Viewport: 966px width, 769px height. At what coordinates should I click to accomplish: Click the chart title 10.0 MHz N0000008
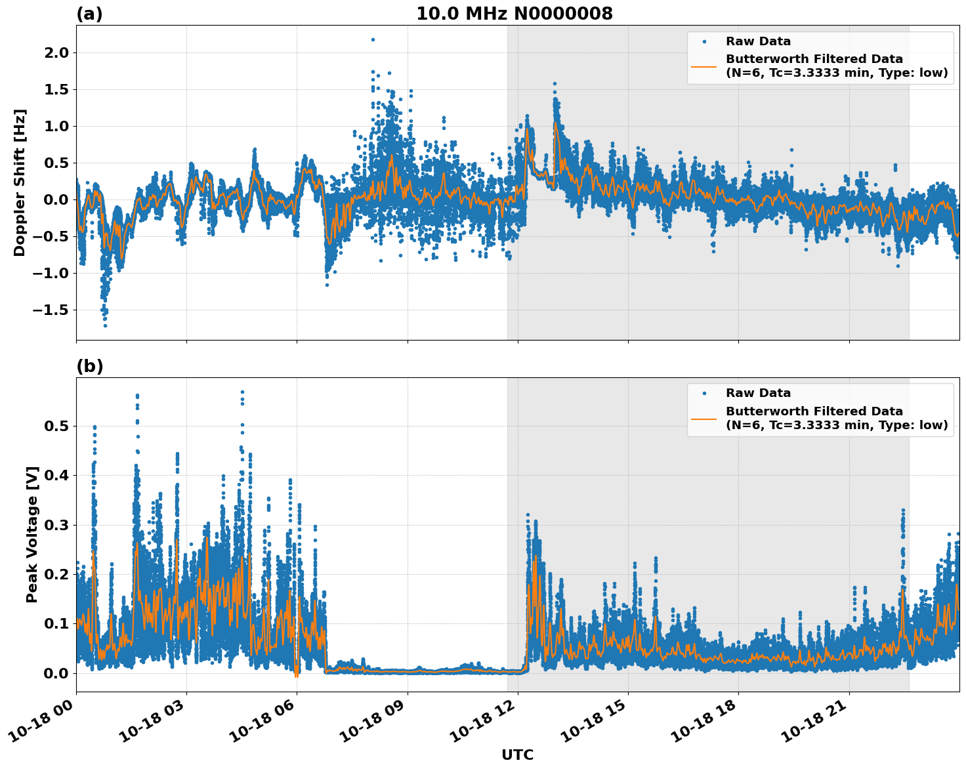(514, 14)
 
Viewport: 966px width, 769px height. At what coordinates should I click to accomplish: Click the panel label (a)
(89, 14)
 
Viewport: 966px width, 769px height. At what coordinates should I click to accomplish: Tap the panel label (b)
(89, 366)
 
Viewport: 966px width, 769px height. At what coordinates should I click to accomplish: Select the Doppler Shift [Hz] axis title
(20, 182)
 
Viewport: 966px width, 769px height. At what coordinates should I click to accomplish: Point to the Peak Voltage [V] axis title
(31, 534)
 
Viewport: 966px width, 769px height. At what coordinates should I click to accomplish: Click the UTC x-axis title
(517, 755)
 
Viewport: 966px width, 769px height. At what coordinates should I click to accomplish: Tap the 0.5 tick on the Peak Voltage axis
(56, 426)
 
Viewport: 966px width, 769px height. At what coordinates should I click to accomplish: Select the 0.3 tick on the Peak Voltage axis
(56, 525)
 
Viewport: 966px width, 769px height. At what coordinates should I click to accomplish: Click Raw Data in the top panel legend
(758, 41)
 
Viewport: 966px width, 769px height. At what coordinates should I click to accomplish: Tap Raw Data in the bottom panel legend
(758, 393)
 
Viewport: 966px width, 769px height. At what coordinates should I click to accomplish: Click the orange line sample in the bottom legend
(703, 418)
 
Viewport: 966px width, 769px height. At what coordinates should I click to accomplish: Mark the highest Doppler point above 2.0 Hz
(373, 39)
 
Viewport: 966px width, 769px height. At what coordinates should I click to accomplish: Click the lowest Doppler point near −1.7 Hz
(105, 325)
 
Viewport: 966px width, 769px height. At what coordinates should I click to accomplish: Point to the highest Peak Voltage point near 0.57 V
(242, 392)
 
